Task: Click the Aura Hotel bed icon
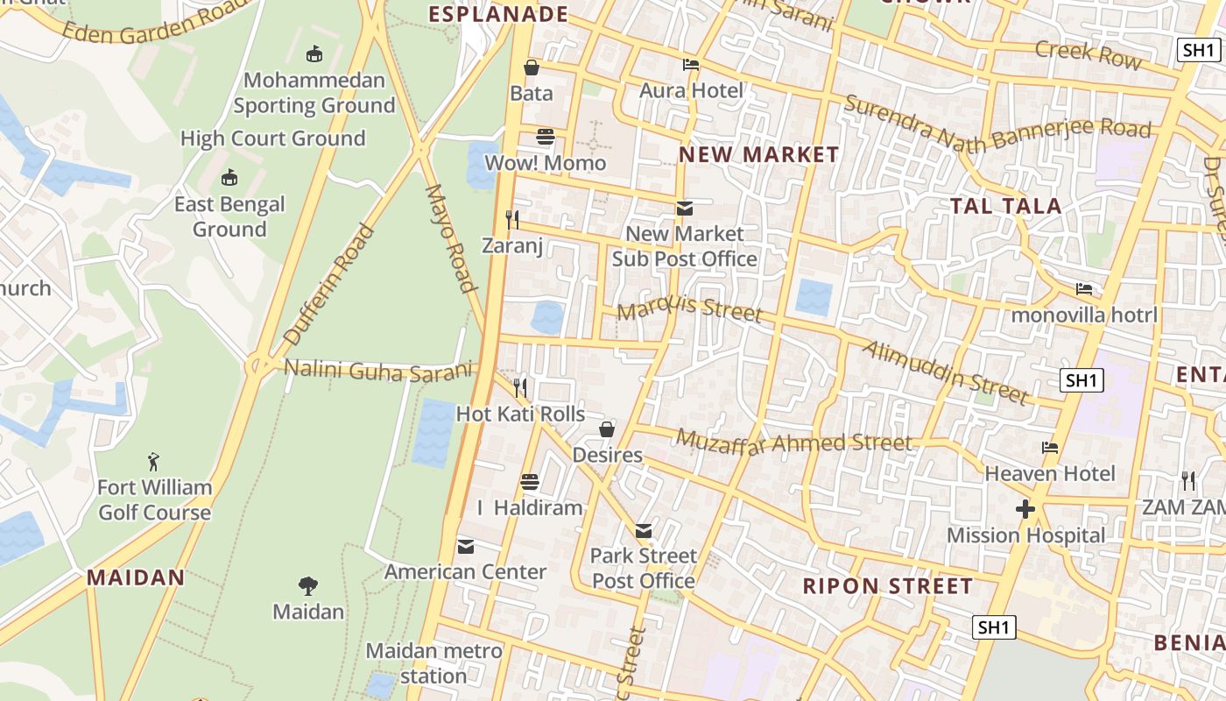(x=691, y=65)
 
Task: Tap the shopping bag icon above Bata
(x=531, y=67)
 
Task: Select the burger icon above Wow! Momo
(x=546, y=137)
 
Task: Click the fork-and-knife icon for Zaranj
(x=512, y=219)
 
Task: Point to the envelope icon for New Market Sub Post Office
(x=684, y=209)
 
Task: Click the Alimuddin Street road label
(x=946, y=372)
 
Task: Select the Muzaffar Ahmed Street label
(x=794, y=441)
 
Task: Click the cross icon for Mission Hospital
(x=1025, y=509)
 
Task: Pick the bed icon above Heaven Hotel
(x=1050, y=448)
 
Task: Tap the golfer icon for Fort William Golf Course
(x=154, y=461)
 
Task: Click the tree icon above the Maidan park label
(x=307, y=585)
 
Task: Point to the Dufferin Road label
(x=329, y=286)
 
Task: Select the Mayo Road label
(x=450, y=237)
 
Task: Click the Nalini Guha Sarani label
(x=378, y=371)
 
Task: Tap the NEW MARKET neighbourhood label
(x=759, y=155)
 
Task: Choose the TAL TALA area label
(x=1006, y=206)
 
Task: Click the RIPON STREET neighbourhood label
(x=888, y=585)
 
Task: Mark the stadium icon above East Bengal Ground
(x=229, y=178)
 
